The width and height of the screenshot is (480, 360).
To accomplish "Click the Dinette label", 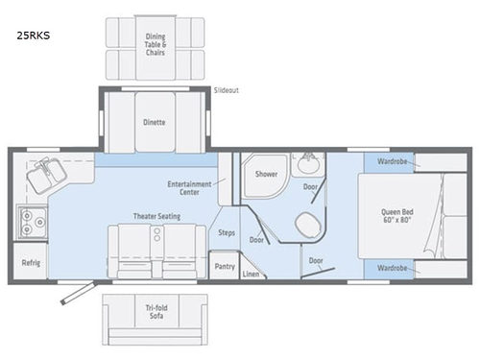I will tap(155, 122).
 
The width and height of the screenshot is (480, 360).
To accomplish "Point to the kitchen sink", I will tap(44, 174).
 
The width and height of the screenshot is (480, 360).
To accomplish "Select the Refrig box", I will tap(30, 261).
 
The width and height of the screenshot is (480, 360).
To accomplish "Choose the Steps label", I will tap(228, 232).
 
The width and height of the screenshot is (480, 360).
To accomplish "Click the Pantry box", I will tap(226, 265).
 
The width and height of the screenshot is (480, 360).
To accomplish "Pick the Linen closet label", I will tap(251, 275).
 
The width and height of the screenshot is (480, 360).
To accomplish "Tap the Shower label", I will tap(265, 174).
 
